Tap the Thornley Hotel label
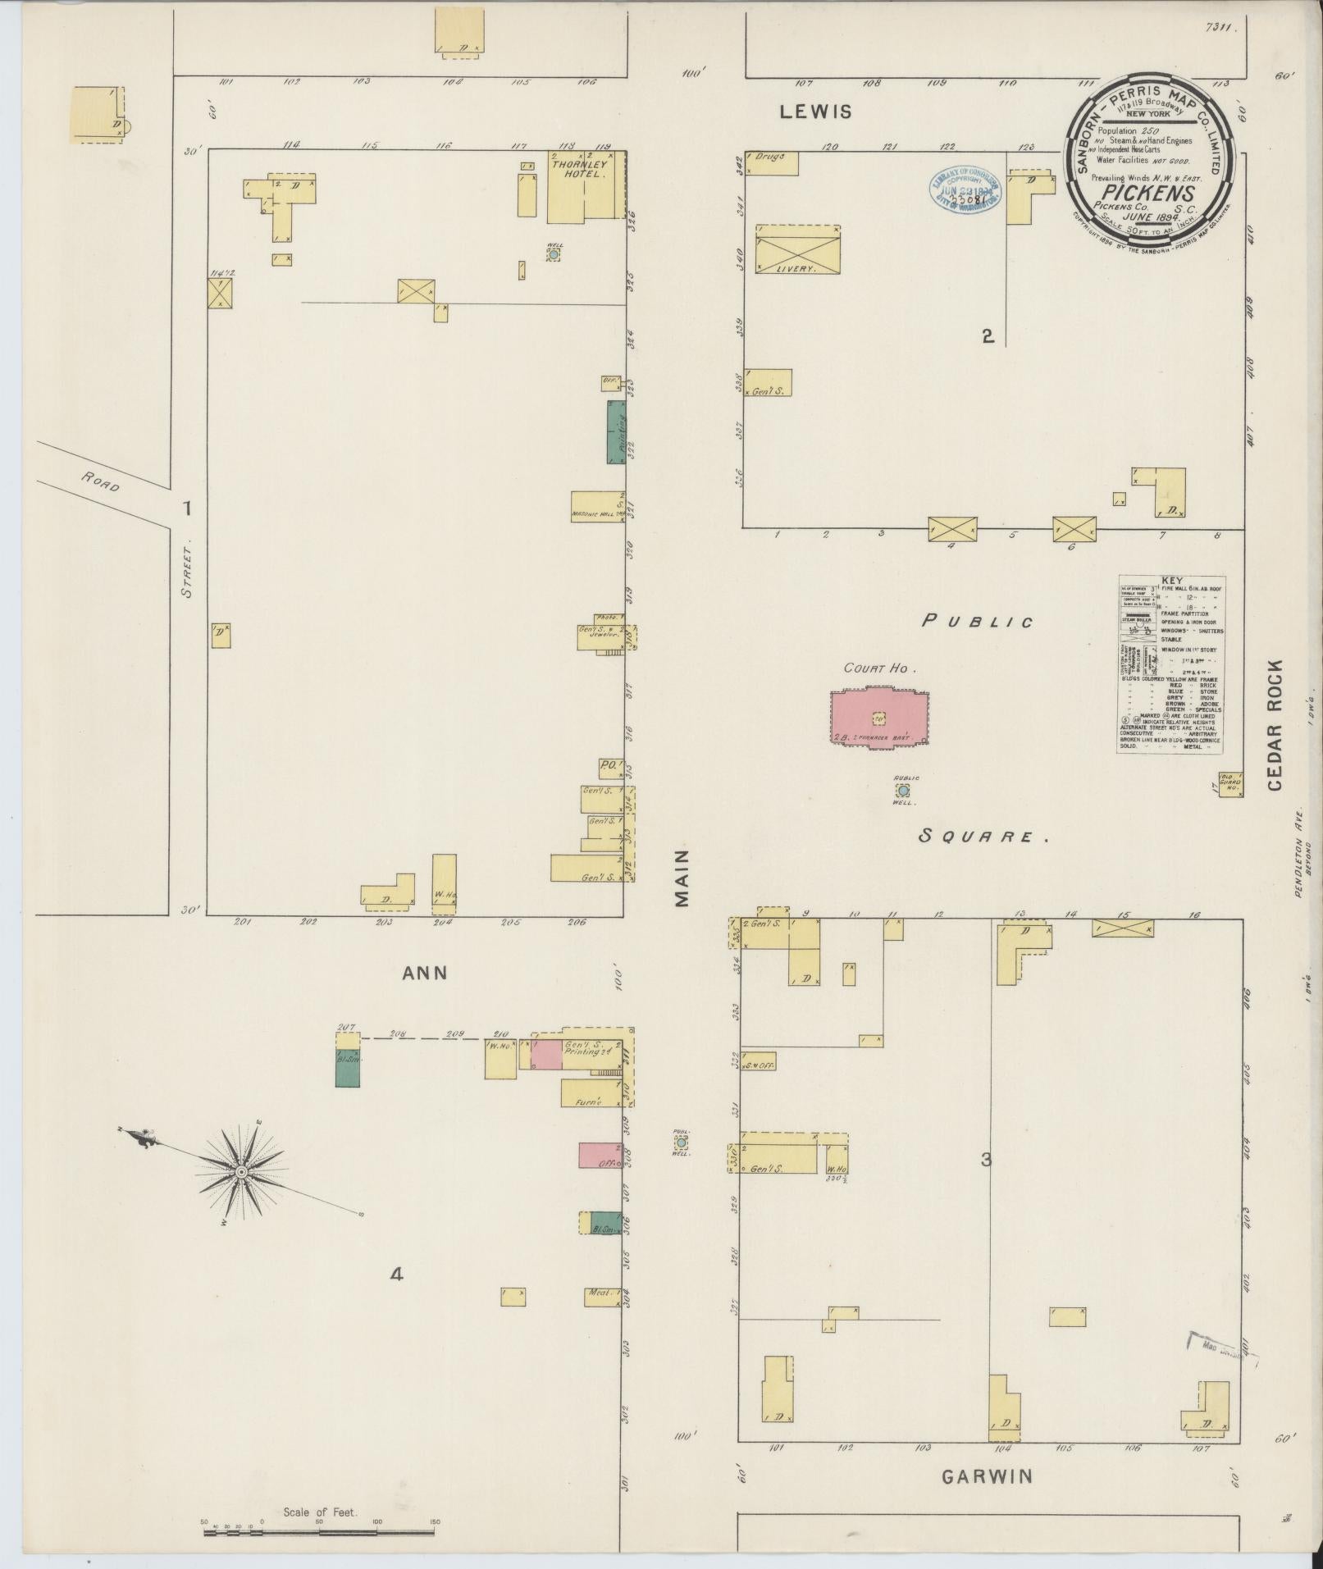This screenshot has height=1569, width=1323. (578, 169)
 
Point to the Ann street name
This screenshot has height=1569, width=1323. (425, 973)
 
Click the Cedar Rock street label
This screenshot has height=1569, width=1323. (1274, 724)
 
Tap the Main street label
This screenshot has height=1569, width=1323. (682, 878)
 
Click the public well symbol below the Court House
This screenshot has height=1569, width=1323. (903, 791)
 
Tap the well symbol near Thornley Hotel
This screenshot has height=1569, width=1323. (554, 255)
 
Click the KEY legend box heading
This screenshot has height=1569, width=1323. (1172, 580)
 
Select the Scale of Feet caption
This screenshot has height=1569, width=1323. (320, 1512)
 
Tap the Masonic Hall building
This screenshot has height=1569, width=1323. (598, 505)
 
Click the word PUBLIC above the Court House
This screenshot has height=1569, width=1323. (978, 621)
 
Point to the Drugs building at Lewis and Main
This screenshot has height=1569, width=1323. (771, 162)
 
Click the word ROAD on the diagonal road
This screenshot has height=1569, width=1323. (101, 482)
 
